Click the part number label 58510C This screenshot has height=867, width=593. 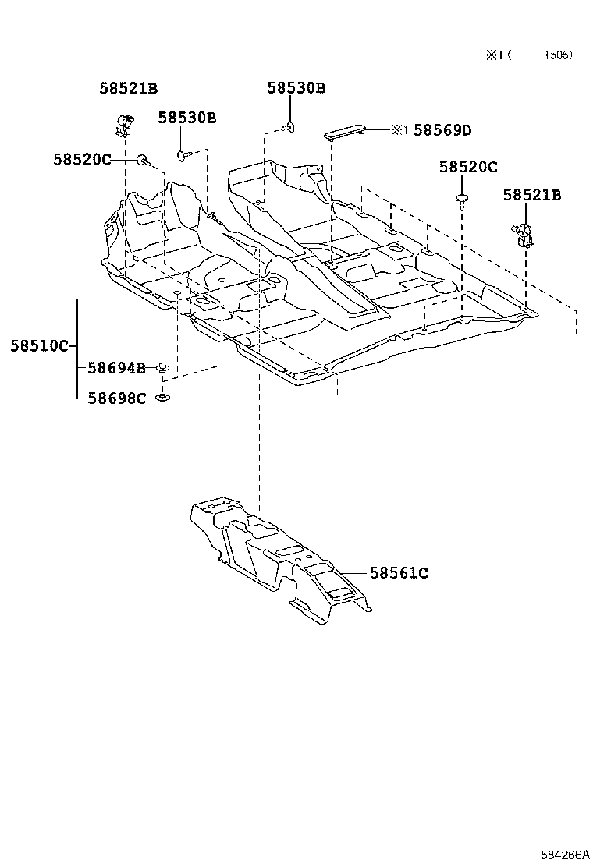click(39, 345)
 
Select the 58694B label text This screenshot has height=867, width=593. click(116, 367)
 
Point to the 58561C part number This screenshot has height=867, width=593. click(398, 573)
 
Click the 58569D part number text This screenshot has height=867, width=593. click(442, 130)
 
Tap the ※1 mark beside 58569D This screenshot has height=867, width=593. click(399, 130)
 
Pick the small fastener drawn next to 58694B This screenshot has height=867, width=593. click(163, 366)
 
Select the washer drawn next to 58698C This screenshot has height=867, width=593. click(162, 398)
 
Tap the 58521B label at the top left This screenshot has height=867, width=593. click(128, 89)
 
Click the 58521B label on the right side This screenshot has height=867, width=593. click(531, 196)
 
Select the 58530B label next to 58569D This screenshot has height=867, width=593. click(296, 89)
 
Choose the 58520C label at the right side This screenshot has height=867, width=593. click(467, 167)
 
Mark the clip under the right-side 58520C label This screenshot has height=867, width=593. click(462, 202)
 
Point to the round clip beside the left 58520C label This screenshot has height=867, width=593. click(143, 161)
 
